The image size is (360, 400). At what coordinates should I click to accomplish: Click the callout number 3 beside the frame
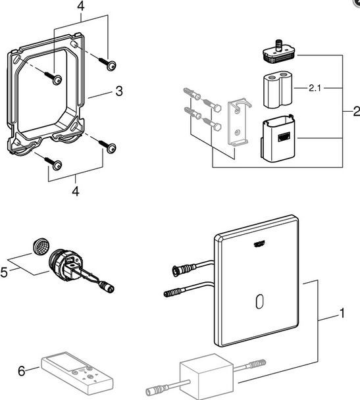pyautogui.click(x=119, y=91)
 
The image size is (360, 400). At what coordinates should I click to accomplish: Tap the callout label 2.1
pyautogui.click(x=315, y=88)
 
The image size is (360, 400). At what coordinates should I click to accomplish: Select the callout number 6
pyautogui.click(x=22, y=371)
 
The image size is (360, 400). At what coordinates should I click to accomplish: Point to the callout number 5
pyautogui.click(x=4, y=272)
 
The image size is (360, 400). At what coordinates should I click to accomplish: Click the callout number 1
pyautogui.click(x=342, y=313)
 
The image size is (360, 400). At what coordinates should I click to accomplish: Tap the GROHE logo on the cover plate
pyautogui.click(x=259, y=244)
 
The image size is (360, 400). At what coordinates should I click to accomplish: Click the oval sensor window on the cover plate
pyautogui.click(x=259, y=301)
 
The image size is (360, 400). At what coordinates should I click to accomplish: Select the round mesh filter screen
pyautogui.click(x=41, y=247)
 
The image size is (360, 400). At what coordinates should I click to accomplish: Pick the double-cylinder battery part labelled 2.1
pyautogui.click(x=278, y=91)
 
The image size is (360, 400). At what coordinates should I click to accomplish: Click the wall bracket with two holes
pyautogui.click(x=238, y=123)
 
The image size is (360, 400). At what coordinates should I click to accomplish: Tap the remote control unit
pyautogui.click(x=77, y=373)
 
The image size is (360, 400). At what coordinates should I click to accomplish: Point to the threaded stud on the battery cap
pyautogui.click(x=278, y=45)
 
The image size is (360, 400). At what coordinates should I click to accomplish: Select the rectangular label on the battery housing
pyautogui.click(x=285, y=137)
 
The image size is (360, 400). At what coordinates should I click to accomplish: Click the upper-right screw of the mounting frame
pyautogui.click(x=108, y=64)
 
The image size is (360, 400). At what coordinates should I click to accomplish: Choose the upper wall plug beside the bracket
pyautogui.click(x=192, y=93)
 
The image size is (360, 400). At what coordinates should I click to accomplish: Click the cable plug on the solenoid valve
pyautogui.click(x=107, y=287)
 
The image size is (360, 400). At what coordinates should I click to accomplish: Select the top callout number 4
pyautogui.click(x=81, y=6)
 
